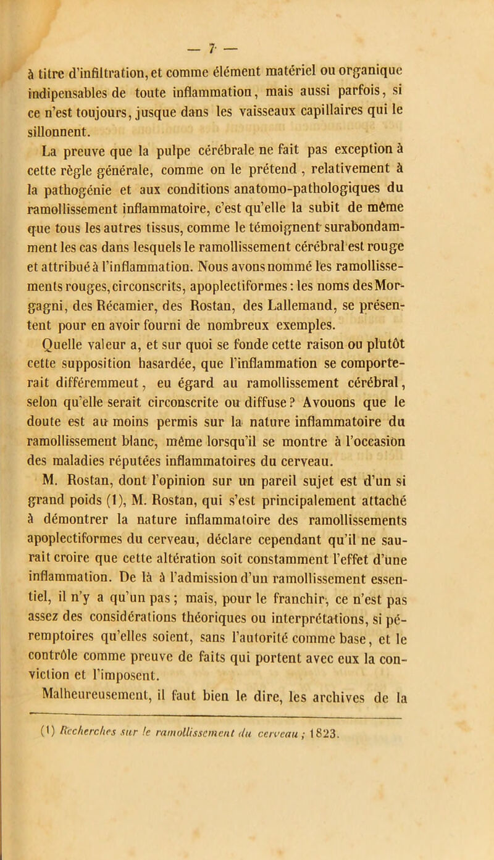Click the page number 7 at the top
click(x=245, y=9)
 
